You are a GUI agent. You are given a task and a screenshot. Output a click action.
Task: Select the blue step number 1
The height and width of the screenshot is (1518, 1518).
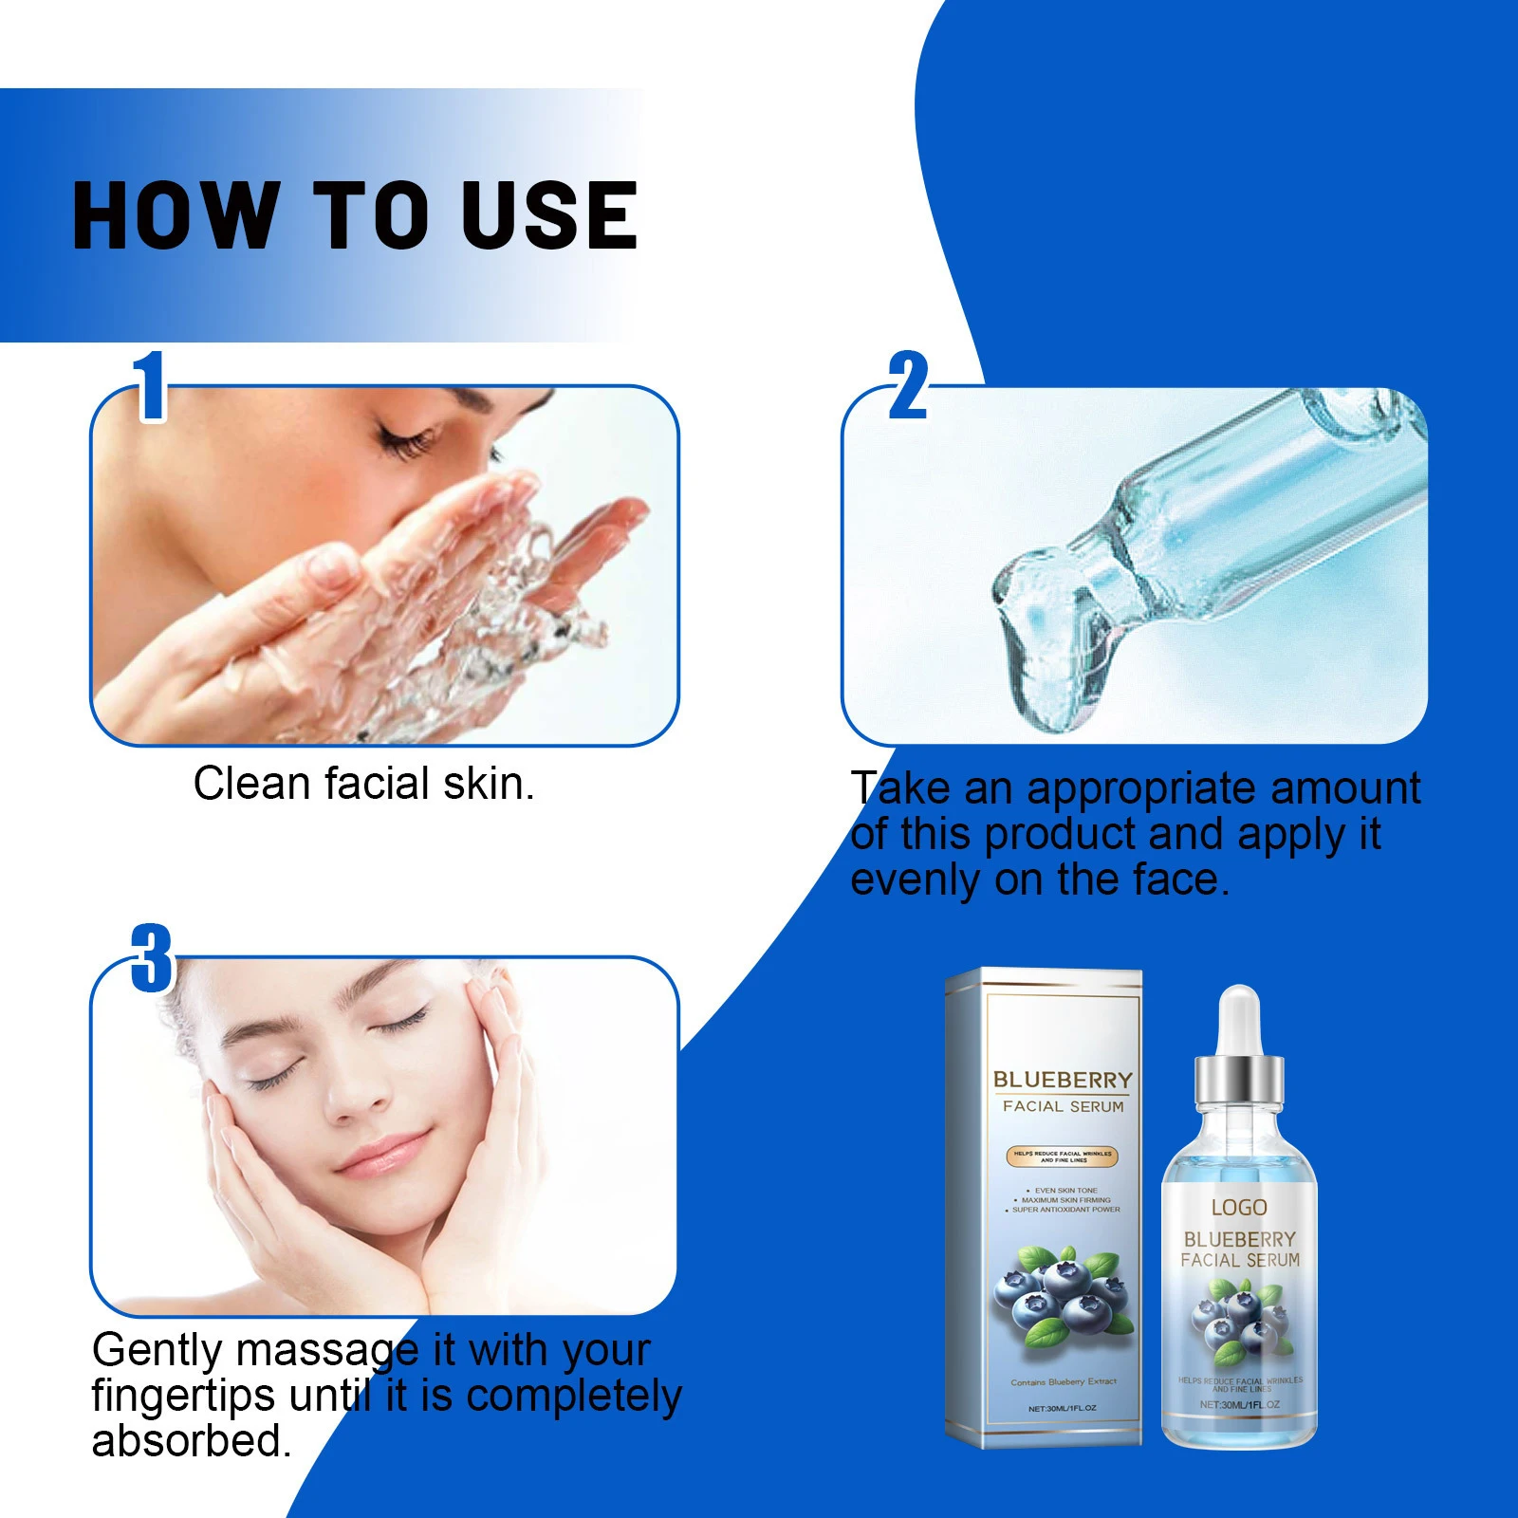click(150, 386)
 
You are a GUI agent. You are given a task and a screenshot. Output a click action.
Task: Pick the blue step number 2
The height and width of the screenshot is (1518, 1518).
click(908, 386)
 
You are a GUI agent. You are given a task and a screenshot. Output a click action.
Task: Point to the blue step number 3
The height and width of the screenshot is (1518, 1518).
click(152, 958)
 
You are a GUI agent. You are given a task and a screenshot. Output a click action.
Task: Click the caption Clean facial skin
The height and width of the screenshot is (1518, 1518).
click(363, 785)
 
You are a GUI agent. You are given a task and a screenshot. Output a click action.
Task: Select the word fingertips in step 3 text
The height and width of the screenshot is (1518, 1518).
click(183, 1396)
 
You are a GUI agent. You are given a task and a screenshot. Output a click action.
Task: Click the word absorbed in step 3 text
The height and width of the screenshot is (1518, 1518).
click(190, 1441)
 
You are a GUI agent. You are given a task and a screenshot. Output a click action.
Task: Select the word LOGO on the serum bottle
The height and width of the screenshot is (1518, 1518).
click(1239, 1208)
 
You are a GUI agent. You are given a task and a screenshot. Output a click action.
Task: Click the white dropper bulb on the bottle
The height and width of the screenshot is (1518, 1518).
click(1238, 1020)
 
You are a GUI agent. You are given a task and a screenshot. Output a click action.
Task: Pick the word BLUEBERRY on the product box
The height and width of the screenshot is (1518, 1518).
click(1063, 1081)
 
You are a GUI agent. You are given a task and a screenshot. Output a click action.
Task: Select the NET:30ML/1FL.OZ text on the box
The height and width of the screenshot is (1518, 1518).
click(1062, 1409)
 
